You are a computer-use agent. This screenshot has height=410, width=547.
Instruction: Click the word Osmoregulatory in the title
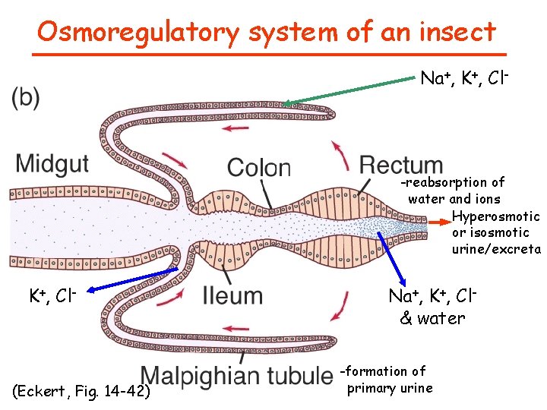tap(137, 32)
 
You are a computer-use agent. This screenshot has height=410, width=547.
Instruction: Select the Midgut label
tap(52, 163)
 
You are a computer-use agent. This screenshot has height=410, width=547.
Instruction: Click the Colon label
tap(259, 168)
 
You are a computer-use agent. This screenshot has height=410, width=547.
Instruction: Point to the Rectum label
tap(401, 165)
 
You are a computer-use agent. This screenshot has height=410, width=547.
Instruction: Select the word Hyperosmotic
tap(495, 216)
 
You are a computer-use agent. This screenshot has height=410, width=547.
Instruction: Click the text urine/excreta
tap(495, 249)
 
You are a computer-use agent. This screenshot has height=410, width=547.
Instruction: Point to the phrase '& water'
tap(432, 318)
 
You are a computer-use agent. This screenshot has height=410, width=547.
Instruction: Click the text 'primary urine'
tap(389, 389)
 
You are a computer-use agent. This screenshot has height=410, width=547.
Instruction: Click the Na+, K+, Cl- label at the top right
tap(464, 78)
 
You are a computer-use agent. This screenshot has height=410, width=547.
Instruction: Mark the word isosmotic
tap(501, 232)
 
